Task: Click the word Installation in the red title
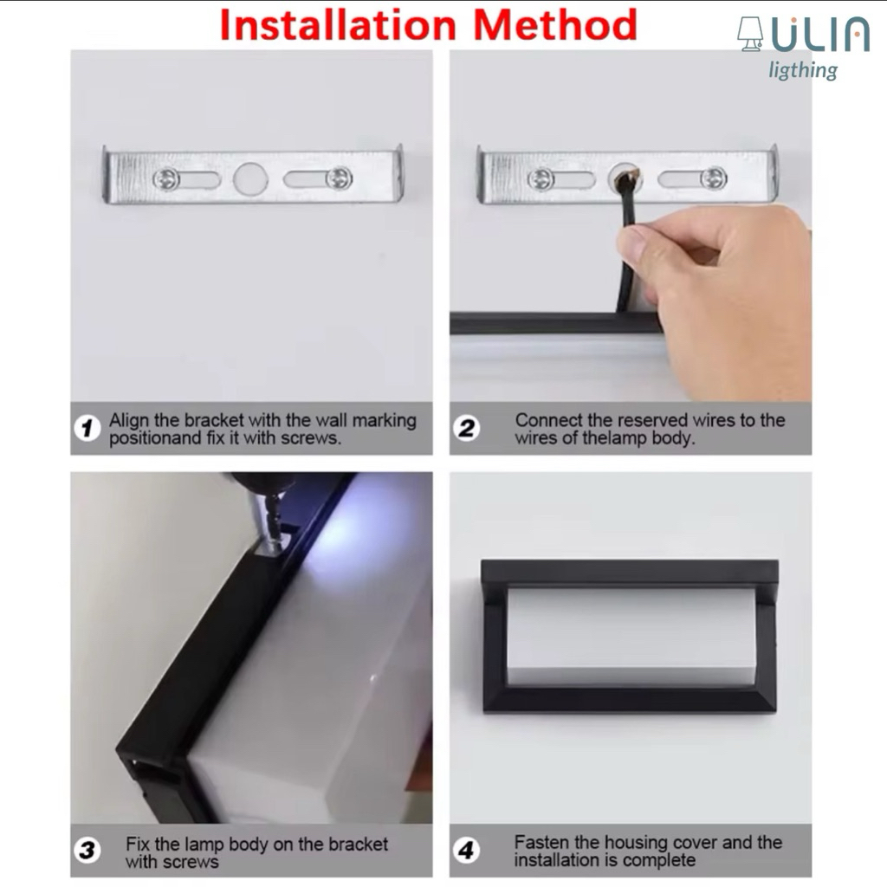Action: (338, 25)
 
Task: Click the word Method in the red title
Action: (555, 25)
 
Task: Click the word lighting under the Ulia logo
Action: (803, 70)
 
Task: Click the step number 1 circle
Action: (87, 428)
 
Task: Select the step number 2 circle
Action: (466, 428)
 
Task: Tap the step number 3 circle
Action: (87, 851)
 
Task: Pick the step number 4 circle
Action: (466, 851)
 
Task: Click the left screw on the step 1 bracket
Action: (166, 179)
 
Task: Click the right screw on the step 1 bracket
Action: (339, 178)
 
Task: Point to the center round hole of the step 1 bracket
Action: (250, 179)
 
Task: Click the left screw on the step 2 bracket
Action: (541, 179)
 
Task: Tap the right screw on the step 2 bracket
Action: (714, 178)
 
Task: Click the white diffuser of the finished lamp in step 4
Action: (631, 637)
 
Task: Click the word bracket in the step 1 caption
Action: (214, 420)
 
